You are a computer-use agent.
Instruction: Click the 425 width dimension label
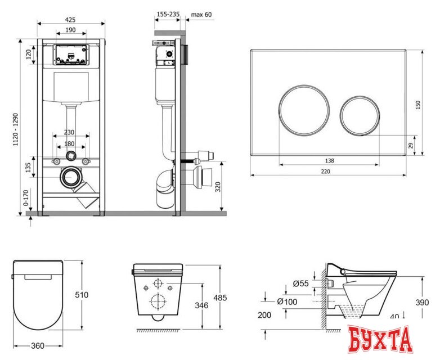click(70, 20)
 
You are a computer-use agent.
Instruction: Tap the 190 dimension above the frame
click(70, 30)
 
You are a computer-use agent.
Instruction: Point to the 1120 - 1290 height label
click(16, 129)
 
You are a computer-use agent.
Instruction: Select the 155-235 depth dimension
click(168, 14)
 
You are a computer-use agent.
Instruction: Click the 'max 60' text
click(201, 14)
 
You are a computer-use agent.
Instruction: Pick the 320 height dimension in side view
click(218, 187)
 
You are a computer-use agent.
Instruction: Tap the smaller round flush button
click(360, 116)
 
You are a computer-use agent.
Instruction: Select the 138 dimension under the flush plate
click(330, 160)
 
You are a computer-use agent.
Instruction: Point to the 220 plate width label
click(326, 171)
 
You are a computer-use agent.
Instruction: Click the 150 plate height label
click(418, 105)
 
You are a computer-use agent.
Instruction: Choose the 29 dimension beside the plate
click(411, 145)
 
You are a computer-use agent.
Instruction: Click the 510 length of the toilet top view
click(82, 295)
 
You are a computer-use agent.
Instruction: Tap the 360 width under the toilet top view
click(38, 346)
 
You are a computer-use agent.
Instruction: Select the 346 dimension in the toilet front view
click(201, 305)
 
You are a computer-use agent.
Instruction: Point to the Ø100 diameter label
click(287, 301)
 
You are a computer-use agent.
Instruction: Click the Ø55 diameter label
click(300, 283)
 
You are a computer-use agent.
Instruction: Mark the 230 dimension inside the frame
click(69, 132)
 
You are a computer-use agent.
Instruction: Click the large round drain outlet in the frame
click(71, 177)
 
